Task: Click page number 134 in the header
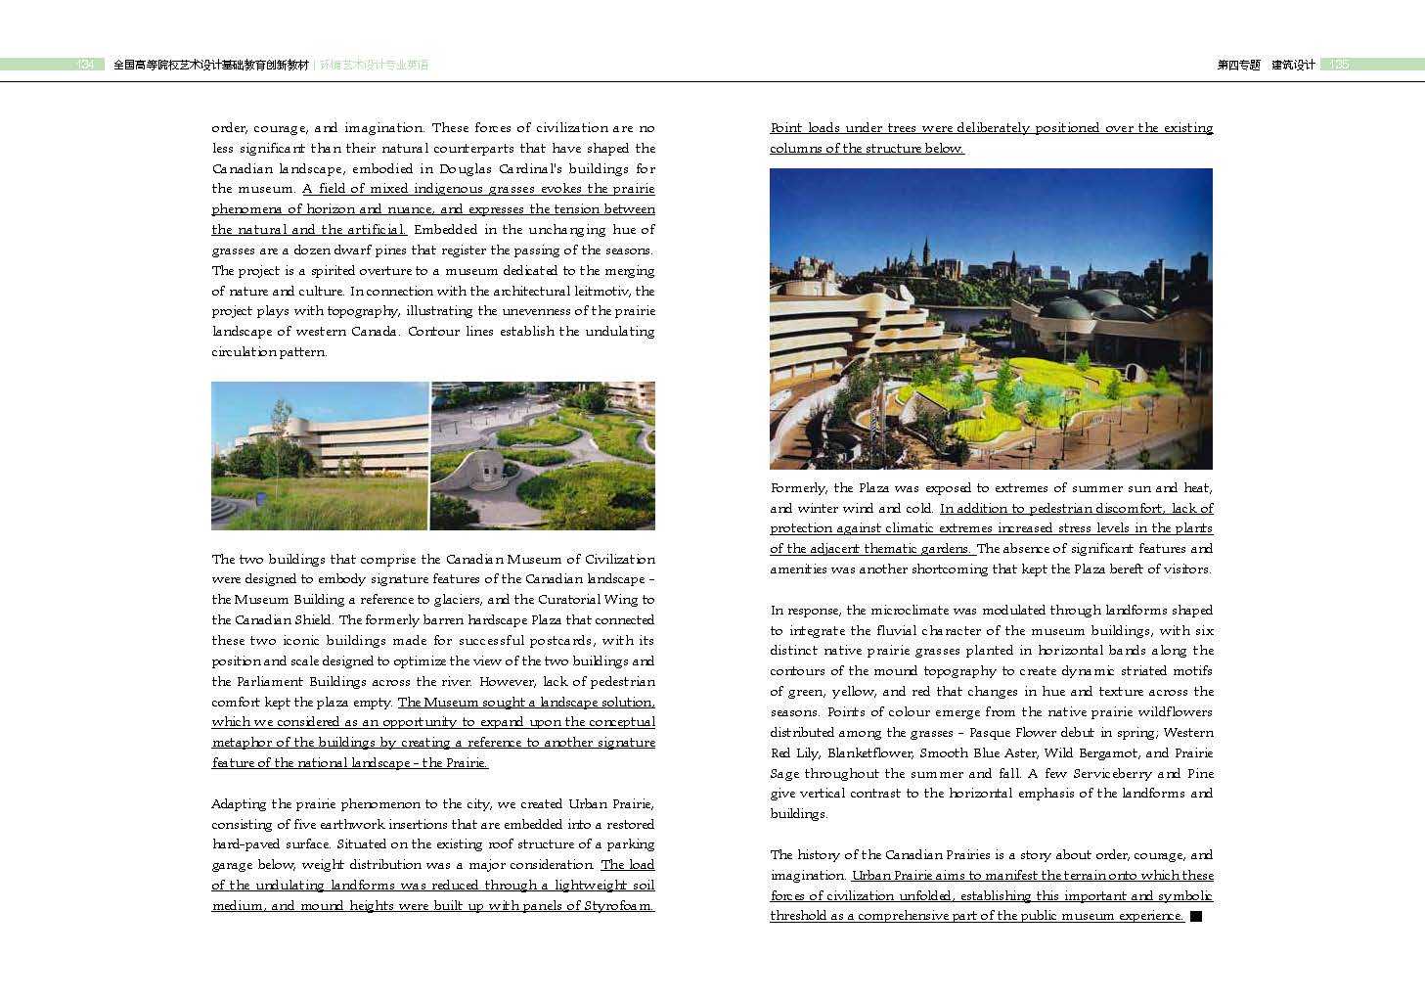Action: pyautogui.click(x=85, y=65)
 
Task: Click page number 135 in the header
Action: pyautogui.click(x=1339, y=65)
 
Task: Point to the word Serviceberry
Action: pyautogui.click(x=1113, y=773)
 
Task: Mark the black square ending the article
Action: pyautogui.click(x=1195, y=916)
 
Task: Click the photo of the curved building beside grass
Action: pyautogui.click(x=320, y=456)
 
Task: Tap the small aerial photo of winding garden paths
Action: pyautogui.click(x=543, y=456)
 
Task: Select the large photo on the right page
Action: pyautogui.click(x=991, y=319)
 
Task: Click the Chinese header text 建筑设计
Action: pyautogui.click(x=1293, y=65)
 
